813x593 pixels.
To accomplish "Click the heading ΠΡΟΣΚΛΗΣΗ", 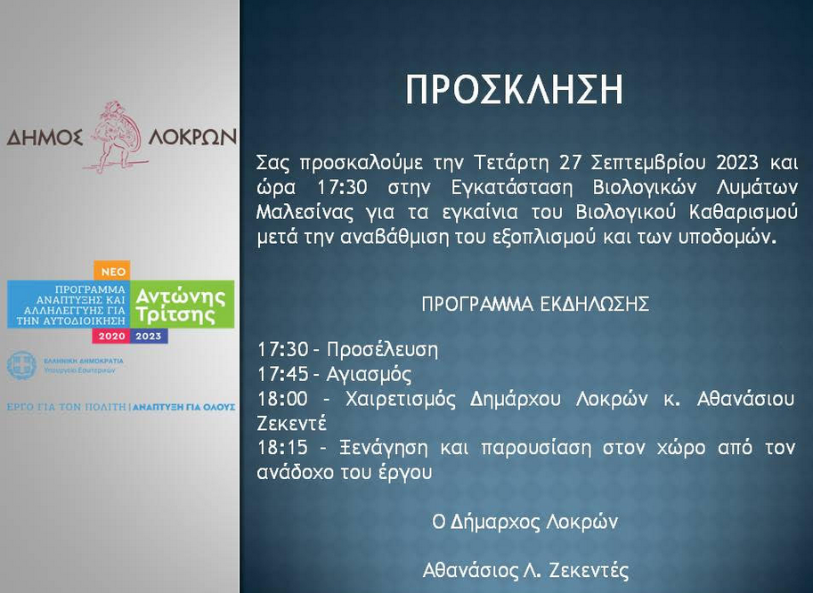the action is click(514, 90).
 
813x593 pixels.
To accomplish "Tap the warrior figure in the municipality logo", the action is click(116, 137).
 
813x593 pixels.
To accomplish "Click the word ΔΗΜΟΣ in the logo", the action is click(45, 137).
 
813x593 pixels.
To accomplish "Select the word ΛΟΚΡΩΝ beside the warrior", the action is click(192, 137).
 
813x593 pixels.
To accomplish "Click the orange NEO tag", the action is click(112, 271).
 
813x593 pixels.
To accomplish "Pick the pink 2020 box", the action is click(111, 336).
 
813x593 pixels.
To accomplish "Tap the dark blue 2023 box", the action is click(149, 336).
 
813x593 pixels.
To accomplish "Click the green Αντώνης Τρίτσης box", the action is click(183, 305).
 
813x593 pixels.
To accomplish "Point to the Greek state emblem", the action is click(21, 365).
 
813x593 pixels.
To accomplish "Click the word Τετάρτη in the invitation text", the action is click(511, 163).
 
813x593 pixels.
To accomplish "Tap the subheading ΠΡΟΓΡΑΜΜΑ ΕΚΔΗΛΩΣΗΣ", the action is click(535, 304).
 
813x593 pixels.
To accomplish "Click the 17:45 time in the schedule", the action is click(283, 374).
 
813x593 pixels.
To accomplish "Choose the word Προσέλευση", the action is click(382, 350).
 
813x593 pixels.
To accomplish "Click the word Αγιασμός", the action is click(369, 374).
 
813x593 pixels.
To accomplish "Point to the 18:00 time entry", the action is click(283, 399).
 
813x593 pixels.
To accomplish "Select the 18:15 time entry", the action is click(283, 447).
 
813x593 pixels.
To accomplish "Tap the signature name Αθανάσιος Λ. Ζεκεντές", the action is click(525, 570).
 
